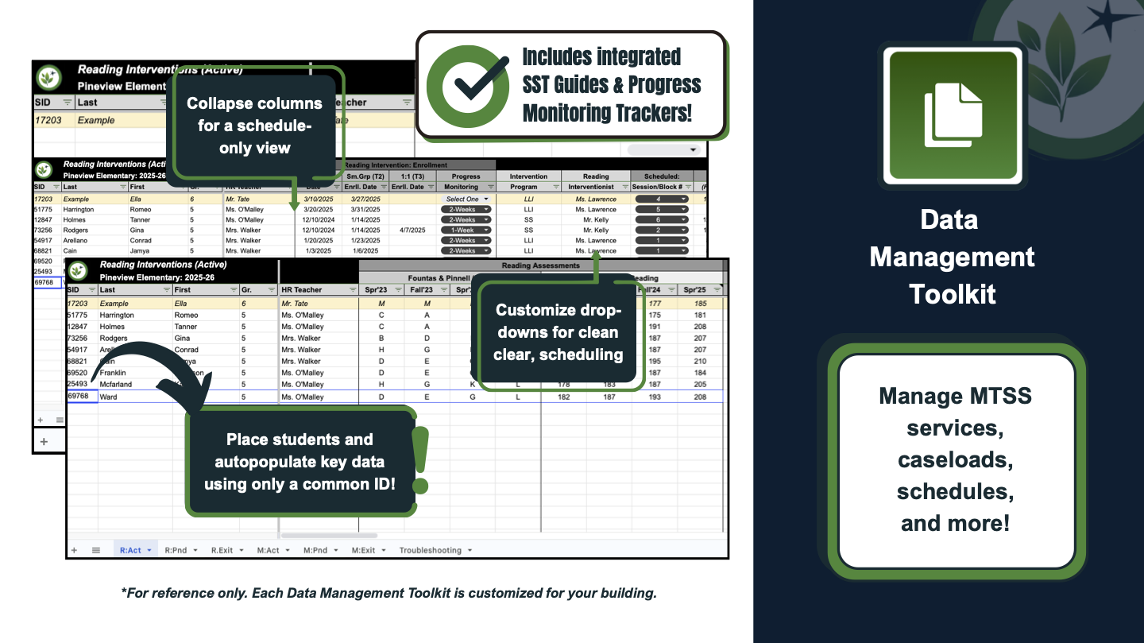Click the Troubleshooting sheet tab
[x=430, y=550]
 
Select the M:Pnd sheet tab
[x=315, y=550]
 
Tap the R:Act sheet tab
[x=131, y=550]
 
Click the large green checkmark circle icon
[x=468, y=87]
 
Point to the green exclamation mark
[x=420, y=460]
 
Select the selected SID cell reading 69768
[x=81, y=396]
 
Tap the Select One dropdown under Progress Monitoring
[x=466, y=199]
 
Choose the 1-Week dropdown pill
[x=466, y=230]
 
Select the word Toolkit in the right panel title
[x=953, y=294]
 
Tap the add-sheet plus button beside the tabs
[x=74, y=550]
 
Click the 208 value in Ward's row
[x=699, y=397]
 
